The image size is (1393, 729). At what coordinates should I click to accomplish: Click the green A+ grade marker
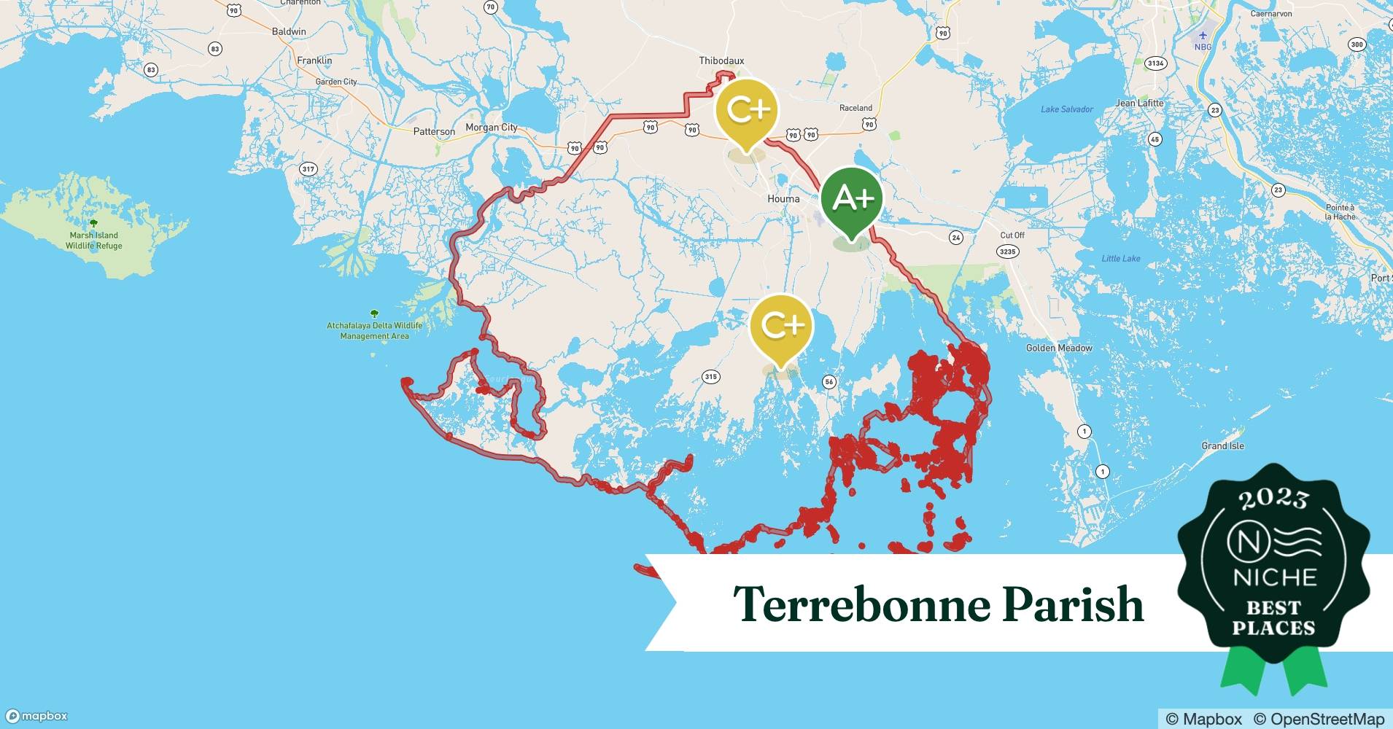[851, 198]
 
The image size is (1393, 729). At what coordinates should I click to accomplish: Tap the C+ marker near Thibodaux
[747, 110]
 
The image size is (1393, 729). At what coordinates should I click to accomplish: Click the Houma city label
[783, 199]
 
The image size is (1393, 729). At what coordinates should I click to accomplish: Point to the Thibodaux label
[721, 61]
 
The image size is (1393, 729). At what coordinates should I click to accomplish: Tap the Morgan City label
[491, 128]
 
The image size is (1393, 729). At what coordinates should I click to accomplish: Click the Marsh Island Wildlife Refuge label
[94, 241]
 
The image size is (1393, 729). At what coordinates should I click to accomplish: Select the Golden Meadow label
[1058, 348]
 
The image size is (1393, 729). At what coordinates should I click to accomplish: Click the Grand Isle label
[1222, 446]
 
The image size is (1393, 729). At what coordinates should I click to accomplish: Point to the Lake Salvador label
[1066, 109]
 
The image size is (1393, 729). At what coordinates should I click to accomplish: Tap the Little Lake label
[1120, 259]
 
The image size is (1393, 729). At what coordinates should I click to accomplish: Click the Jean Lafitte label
[1139, 104]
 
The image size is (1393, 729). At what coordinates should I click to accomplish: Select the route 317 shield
[308, 169]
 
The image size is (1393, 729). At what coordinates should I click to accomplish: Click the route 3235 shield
[1006, 252]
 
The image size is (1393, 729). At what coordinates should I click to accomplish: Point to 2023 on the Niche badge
[1273, 499]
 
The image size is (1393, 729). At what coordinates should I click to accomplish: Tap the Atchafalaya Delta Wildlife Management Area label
[374, 331]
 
